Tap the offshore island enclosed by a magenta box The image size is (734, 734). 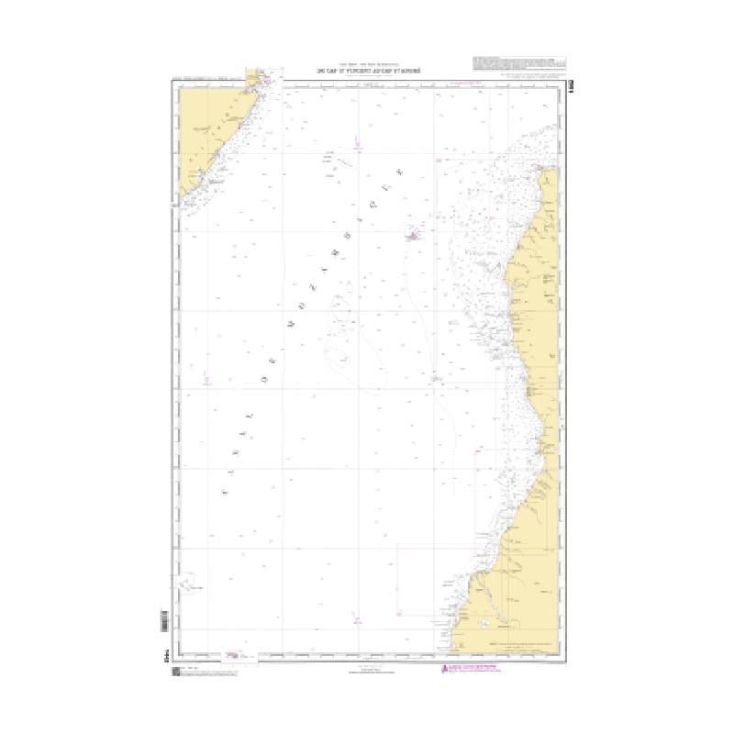click(x=414, y=237)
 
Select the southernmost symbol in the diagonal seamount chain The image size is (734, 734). click(x=225, y=492)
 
